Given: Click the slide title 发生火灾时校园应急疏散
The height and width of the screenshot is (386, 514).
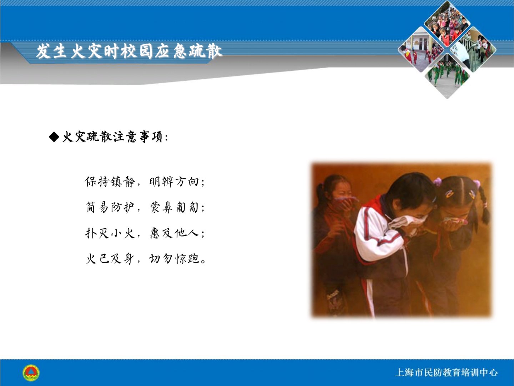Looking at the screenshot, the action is coord(129,51).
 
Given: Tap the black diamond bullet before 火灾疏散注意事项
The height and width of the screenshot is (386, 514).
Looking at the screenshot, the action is coord(54,137).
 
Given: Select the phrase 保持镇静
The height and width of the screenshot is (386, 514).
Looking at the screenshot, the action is coord(110,182).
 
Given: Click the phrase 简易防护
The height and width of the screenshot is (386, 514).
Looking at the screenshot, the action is coord(110,207).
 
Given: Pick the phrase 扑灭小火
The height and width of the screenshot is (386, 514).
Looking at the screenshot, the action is coord(110,233).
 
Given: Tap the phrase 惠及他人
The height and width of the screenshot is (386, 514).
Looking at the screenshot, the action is coord(175,233).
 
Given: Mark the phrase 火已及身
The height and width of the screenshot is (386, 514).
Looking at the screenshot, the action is coord(110,259).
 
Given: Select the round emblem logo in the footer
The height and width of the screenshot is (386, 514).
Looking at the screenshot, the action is coord(31,373).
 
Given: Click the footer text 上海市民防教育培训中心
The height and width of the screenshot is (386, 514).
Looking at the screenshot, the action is coord(446,373).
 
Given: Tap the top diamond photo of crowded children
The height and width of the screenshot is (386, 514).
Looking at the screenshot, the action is coord(447,24).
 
